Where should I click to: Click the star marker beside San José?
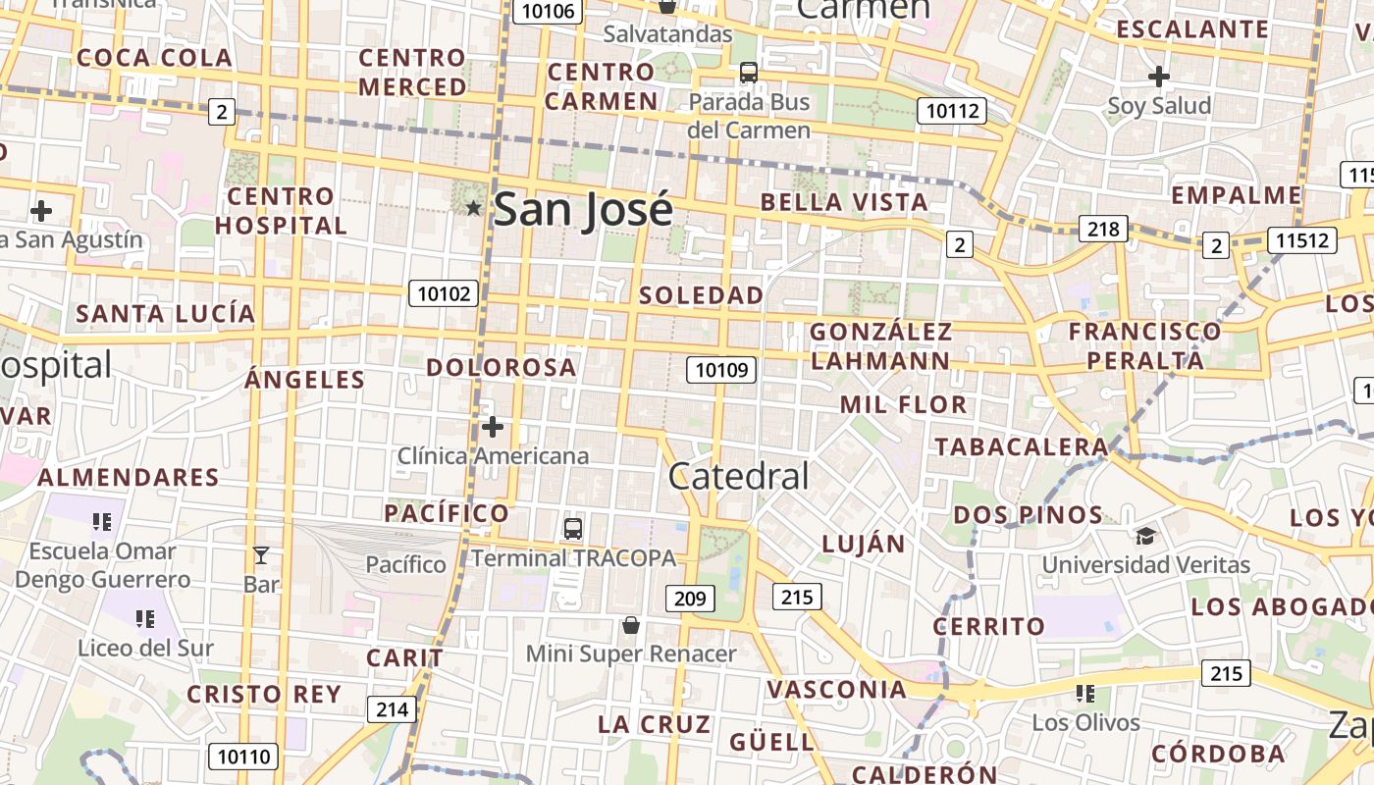coord(473,208)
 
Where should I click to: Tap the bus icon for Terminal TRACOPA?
coord(573,529)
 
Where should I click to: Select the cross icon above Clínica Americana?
coord(493,427)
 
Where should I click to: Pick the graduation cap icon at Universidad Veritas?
coord(1145,536)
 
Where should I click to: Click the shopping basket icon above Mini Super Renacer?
coord(631,625)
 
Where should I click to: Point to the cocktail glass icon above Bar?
coord(261,555)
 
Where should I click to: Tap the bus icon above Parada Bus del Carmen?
coord(749,73)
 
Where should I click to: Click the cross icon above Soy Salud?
coord(1159,76)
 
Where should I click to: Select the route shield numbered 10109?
coord(722,370)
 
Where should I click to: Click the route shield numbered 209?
coord(690,598)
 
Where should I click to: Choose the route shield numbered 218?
coord(1103,229)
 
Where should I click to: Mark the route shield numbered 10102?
coord(445,292)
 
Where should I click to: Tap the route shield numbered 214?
coord(392,709)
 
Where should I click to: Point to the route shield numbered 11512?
coord(1302,239)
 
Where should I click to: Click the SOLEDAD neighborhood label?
coord(701,295)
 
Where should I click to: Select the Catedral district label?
coord(738,477)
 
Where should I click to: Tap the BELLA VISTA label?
coord(844,203)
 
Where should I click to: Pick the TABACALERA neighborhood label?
coord(1021,447)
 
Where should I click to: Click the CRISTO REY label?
coord(264,695)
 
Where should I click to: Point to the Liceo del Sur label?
coord(145,648)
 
